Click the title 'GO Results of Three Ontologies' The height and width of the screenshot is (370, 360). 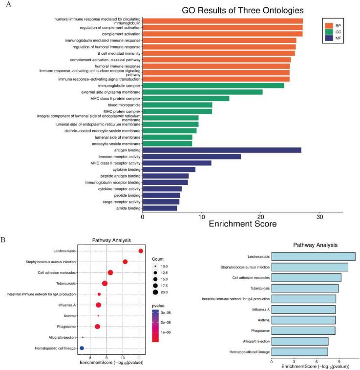point(243,10)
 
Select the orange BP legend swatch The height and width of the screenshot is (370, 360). point(329,25)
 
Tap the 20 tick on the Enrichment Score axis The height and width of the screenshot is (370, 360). point(260,216)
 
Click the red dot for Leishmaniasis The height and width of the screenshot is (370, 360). point(141,251)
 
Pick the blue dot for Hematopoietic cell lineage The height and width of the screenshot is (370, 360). point(82,348)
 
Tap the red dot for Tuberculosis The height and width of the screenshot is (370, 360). point(105,284)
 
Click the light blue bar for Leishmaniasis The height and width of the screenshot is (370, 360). point(313,257)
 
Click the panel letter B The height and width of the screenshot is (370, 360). point(3,240)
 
